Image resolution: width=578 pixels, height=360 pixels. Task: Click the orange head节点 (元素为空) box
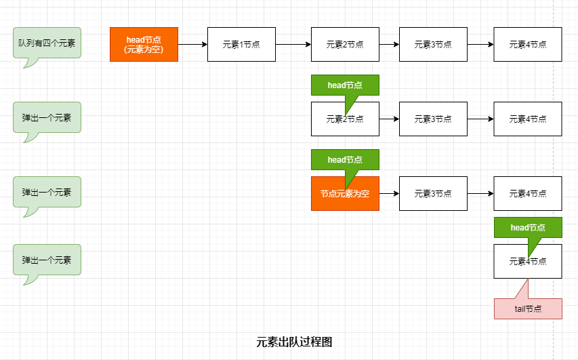pos(144,44)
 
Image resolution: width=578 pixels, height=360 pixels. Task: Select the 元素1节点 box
pos(241,44)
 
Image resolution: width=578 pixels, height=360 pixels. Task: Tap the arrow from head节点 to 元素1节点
pos(192,44)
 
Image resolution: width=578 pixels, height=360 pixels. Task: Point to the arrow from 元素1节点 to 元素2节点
pos(293,44)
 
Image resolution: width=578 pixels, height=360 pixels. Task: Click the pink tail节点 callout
pos(528,308)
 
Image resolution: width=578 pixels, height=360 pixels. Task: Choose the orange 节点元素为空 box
pos(345,193)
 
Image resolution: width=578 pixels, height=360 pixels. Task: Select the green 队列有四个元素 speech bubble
pos(47,43)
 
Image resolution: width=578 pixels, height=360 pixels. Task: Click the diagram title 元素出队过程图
pos(294,342)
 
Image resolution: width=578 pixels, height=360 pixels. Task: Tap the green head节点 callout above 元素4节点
pos(528,227)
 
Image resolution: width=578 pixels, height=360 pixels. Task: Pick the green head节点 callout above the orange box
pos(345,159)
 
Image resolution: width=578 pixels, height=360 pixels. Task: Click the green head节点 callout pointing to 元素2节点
pos(345,85)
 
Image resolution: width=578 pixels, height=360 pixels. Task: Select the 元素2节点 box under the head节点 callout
pos(345,122)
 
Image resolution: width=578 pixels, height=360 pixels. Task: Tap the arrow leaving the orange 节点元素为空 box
pos(389,193)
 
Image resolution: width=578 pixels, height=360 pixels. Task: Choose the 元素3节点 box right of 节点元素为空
pos(433,193)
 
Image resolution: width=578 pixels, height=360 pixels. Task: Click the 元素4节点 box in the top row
pos(528,44)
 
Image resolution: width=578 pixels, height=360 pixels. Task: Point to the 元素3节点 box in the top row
pos(433,44)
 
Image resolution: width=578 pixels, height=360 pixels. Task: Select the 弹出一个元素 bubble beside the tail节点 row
pos(47,260)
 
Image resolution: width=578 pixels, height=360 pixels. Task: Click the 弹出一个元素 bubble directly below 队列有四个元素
pos(47,117)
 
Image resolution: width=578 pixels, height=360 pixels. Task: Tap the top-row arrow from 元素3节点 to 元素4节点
pos(480,44)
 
